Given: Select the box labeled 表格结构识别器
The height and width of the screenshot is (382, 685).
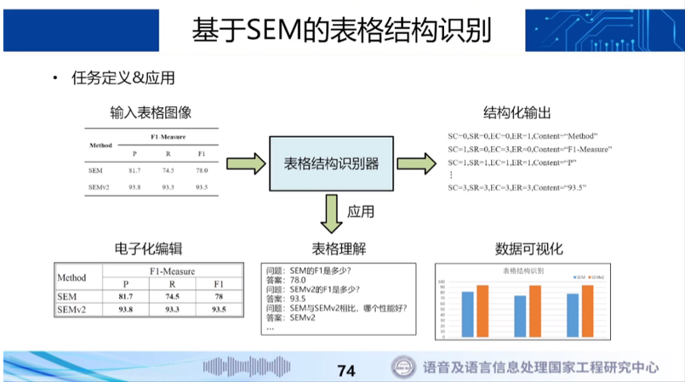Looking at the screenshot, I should coord(331,162).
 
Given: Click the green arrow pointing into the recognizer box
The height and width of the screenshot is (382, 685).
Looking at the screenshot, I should coord(245,162).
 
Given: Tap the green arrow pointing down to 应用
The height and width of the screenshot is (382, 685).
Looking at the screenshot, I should coord(331,214).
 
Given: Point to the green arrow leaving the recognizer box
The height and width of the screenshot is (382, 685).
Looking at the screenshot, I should coord(416,162).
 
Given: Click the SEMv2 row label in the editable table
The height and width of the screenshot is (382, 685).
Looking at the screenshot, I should coord(74,311).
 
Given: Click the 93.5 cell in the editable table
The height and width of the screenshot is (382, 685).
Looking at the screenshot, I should coord(218,311).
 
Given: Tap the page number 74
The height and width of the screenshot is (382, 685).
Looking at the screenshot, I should coord(345,370).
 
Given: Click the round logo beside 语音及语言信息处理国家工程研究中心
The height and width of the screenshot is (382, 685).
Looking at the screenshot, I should coord(402,368).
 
